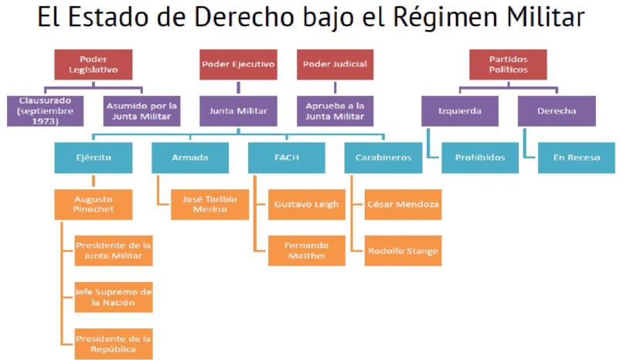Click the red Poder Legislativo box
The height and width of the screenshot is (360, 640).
tap(93, 64)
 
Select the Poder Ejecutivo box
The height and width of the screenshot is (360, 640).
tap(238, 64)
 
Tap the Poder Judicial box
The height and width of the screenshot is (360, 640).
tap(335, 64)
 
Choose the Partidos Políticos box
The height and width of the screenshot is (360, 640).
tap(508, 64)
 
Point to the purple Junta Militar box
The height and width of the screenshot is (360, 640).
tap(238, 110)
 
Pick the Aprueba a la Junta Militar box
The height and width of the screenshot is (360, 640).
tap(335, 110)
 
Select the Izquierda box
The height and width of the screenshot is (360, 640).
tap(459, 110)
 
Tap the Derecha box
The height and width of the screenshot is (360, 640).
tap(557, 110)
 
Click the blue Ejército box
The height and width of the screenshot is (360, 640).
tap(93, 158)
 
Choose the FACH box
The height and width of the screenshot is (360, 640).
tap(286, 158)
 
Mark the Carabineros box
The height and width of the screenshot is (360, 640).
tap(383, 158)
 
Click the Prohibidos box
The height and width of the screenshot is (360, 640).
tap(480, 158)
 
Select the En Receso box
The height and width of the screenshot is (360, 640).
tap(577, 158)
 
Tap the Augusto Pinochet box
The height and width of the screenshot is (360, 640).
tap(93, 204)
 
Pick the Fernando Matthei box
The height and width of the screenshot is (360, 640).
tap(306, 250)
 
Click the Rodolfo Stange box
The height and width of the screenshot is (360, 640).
tap(403, 250)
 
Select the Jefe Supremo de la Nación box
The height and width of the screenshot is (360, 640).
tap(114, 297)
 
